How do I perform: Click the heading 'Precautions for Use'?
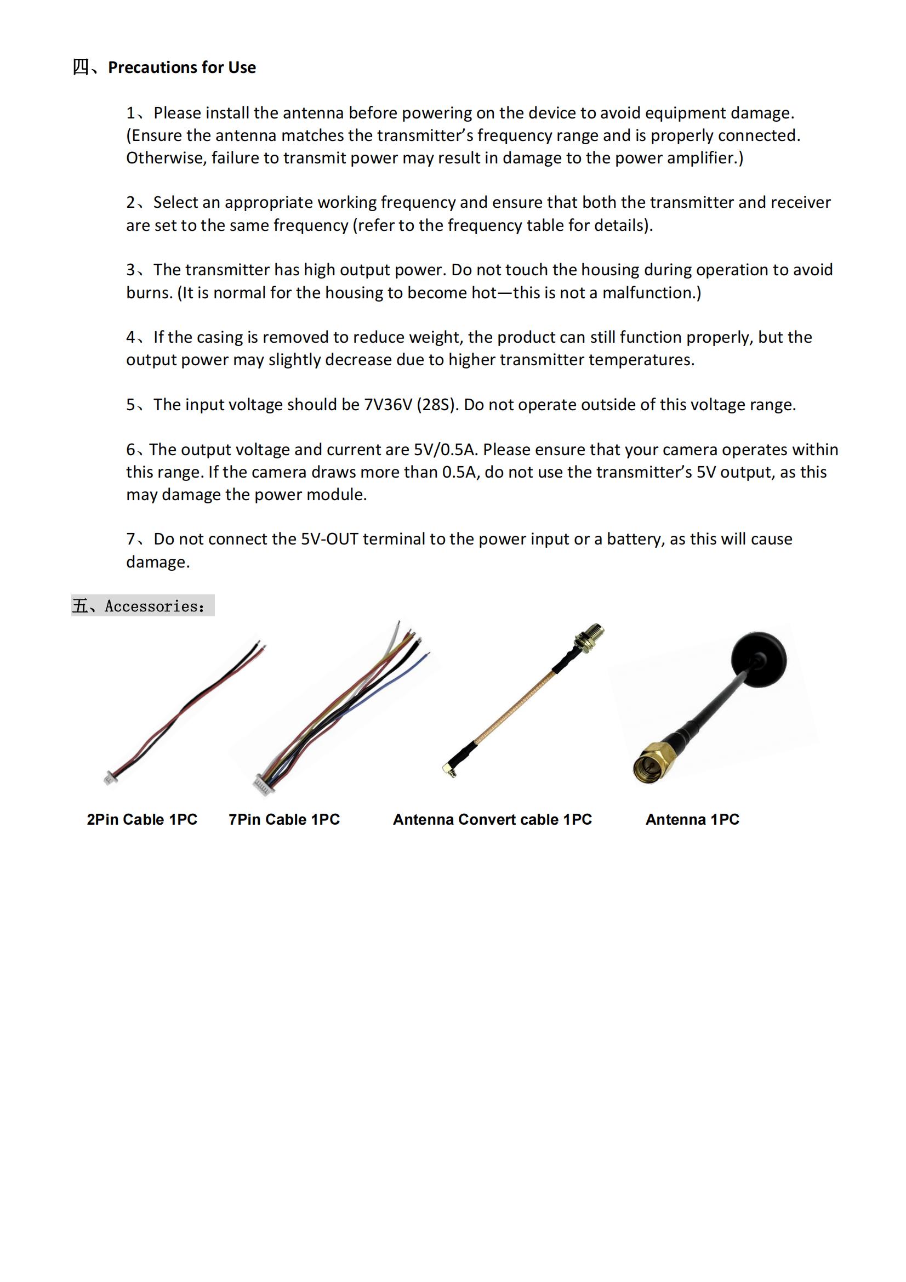(x=181, y=67)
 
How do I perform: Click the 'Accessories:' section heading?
(x=155, y=606)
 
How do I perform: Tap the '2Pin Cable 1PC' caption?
(x=142, y=819)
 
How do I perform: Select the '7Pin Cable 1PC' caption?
(x=283, y=819)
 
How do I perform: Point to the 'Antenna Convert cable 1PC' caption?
(x=492, y=819)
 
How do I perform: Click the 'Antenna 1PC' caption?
(x=692, y=819)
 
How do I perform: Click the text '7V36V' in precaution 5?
(x=388, y=405)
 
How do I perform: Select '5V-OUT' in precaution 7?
(x=329, y=540)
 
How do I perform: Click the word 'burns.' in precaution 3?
(x=149, y=293)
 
